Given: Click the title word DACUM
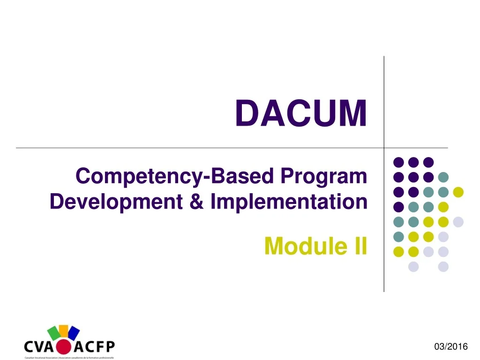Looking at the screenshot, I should click(300, 114).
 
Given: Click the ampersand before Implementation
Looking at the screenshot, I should click(196, 202).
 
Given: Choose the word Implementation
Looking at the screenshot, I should click(288, 202).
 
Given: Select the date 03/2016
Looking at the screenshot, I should click(451, 346).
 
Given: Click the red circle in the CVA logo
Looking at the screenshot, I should click(64, 347).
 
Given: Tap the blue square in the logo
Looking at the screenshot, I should click(74, 332).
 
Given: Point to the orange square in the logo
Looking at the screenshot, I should click(64, 329).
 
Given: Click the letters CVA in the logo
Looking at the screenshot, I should click(40, 347).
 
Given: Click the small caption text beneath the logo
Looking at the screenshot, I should click(69, 358).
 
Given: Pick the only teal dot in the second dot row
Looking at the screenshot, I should click(443, 177).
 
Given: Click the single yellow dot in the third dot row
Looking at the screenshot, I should click(458, 192).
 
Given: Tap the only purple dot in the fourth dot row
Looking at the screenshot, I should click(398, 207).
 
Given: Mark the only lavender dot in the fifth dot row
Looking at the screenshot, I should click(458, 222).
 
